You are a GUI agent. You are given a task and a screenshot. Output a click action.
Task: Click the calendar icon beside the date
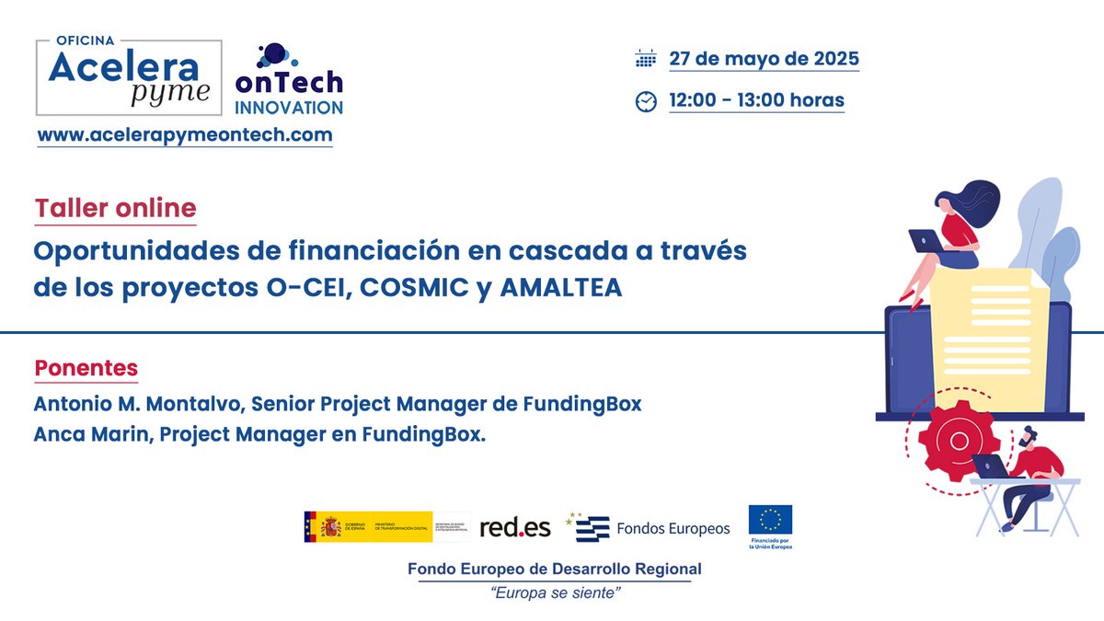(646, 60)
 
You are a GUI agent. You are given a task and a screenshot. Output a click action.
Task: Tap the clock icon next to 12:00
(646, 101)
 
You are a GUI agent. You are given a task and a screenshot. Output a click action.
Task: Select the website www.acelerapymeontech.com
(184, 134)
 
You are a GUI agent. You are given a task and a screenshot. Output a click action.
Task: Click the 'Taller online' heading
(116, 209)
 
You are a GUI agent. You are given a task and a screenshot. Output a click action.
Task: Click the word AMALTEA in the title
(561, 288)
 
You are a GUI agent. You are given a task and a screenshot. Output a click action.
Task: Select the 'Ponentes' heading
(86, 369)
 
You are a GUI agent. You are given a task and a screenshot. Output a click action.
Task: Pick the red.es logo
(515, 527)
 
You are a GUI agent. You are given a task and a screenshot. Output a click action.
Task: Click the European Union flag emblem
(770, 522)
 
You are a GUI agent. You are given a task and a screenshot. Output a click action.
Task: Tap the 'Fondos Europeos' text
(673, 528)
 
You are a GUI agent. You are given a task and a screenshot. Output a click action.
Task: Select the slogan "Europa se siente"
(554, 594)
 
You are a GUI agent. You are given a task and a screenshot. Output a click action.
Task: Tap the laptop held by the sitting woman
(924, 241)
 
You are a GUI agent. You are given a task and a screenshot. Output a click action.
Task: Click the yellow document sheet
(980, 340)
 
